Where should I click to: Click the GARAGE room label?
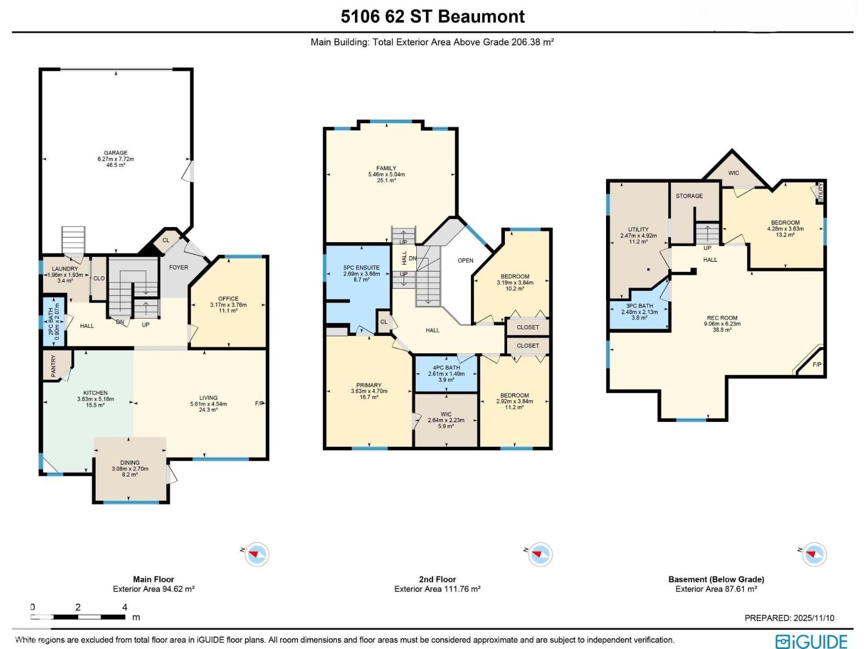[116, 153]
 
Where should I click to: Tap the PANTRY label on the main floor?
[54, 366]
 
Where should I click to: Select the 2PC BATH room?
[54, 322]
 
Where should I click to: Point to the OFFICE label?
[228, 299]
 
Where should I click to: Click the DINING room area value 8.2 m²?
[130, 475]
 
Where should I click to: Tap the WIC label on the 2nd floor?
[445, 414]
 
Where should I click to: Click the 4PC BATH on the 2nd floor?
[446, 373]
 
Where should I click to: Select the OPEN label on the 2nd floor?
[465, 260]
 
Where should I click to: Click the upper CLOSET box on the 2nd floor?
[528, 327]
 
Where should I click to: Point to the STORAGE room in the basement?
[689, 196]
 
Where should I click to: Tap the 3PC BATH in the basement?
[640, 312]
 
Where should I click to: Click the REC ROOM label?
[722, 318]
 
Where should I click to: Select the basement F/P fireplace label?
[817, 365]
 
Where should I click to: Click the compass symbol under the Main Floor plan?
[257, 554]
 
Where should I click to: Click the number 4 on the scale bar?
[124, 607]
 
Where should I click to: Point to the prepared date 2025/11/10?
[814, 618]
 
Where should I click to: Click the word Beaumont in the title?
[481, 16]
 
